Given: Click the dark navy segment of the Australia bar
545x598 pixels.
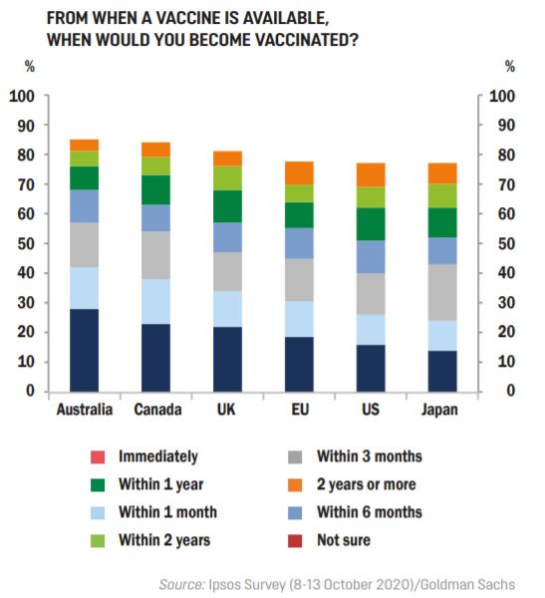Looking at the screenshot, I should tap(84, 350).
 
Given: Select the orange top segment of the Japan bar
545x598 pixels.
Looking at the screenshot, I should tap(442, 172).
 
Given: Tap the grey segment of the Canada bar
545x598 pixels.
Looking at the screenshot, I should tap(155, 255).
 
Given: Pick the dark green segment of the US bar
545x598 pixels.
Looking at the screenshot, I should tap(371, 223).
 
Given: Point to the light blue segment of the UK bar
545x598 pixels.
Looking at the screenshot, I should tap(227, 308).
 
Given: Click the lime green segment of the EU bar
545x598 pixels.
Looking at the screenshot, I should tap(299, 193).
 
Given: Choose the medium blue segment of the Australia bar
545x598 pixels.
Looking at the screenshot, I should tap(84, 205).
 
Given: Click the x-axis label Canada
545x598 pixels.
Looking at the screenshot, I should tap(155, 410).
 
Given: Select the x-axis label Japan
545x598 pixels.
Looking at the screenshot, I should tap(442, 410).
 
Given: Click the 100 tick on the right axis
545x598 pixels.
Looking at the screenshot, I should tap(504, 96).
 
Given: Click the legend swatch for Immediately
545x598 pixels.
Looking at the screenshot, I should tap(97, 457).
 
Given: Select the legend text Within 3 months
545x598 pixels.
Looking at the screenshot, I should tap(370, 456).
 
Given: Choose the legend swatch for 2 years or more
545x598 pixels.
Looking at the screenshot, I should tap(296, 484).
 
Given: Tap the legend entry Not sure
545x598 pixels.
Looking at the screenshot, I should tap(344, 540).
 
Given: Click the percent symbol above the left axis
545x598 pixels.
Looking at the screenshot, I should tap(29, 68).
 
